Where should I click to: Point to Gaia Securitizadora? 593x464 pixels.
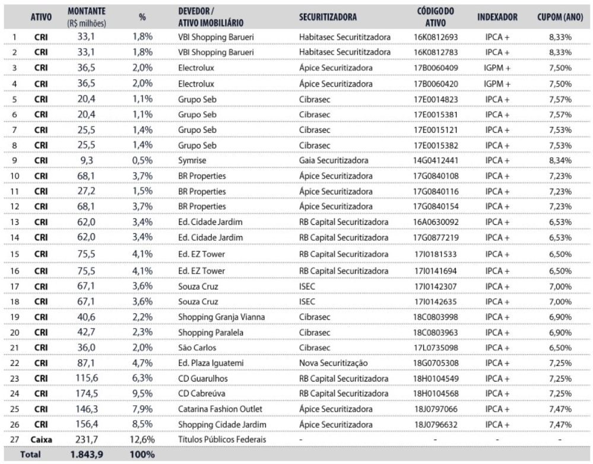(x=335, y=160)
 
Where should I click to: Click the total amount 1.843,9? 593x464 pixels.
(x=83, y=455)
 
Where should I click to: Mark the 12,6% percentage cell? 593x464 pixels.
(x=142, y=439)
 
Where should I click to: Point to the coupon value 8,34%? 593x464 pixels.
(x=560, y=160)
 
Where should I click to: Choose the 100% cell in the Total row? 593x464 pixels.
(x=142, y=455)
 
